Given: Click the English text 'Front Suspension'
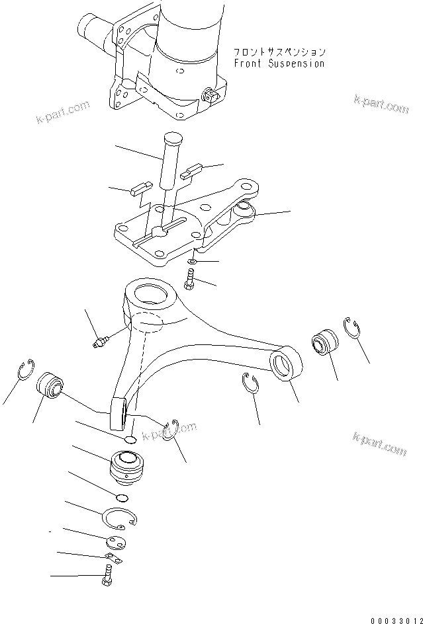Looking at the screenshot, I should pos(279,64).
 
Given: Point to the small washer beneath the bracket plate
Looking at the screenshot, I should pos(191,262).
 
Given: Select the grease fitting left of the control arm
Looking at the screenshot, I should pos(101,343).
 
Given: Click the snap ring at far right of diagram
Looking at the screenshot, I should pos(352,329).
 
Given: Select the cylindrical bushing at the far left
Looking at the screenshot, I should pos(49,385).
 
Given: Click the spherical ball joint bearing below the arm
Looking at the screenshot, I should pos(126,466).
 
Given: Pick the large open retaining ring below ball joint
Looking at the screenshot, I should pos(120,517).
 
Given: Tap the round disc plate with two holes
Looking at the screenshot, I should pos(115,542).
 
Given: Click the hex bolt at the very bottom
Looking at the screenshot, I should pos(108,578).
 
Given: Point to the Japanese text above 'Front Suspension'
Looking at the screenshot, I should pos(279,52).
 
